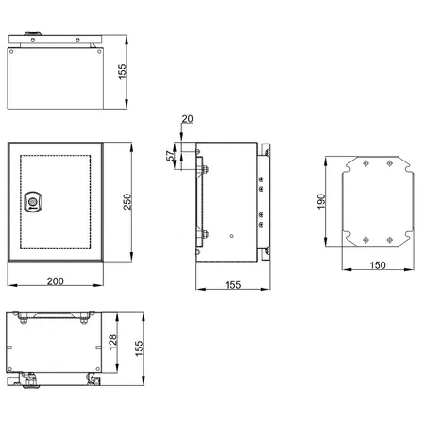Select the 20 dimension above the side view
tap(186, 120)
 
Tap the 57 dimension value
tap(171, 156)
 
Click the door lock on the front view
tap(35, 201)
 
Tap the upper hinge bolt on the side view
tap(200, 169)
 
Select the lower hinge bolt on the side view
tap(200, 234)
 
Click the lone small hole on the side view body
tap(231, 235)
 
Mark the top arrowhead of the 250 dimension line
tap(129, 144)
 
